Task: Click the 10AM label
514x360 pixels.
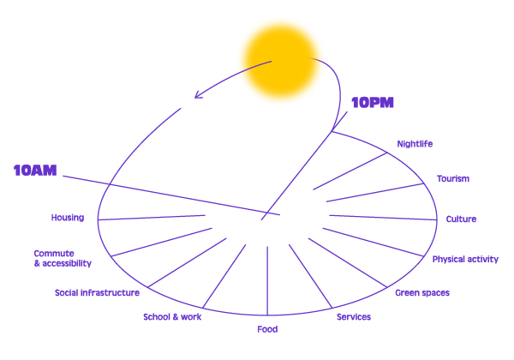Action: pos(35,171)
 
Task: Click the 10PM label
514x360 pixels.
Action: pos(373,103)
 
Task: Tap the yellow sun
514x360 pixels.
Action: pos(281,61)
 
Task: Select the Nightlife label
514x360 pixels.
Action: pos(415,144)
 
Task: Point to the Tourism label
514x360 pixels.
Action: pos(453,178)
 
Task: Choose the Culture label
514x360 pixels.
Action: pos(461,219)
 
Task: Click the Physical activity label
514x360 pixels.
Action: pos(465,260)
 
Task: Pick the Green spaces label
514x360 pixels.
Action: pos(422,293)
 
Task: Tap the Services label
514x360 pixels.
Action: pos(354,317)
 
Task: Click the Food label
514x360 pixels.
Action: pos(267,329)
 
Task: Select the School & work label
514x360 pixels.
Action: pos(172,317)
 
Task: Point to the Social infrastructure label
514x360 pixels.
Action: pos(97,293)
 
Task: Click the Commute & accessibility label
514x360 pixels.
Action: pos(63,258)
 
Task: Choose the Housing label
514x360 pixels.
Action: pos(68,218)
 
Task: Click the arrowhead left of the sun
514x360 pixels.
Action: pos(199,94)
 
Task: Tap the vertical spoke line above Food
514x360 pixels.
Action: pos(267,281)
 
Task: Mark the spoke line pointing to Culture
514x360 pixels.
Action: pos(383,218)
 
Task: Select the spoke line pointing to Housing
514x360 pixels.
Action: pos(152,218)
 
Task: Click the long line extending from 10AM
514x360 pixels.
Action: pos(171,195)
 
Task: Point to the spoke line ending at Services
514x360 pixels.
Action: pos(310,276)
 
